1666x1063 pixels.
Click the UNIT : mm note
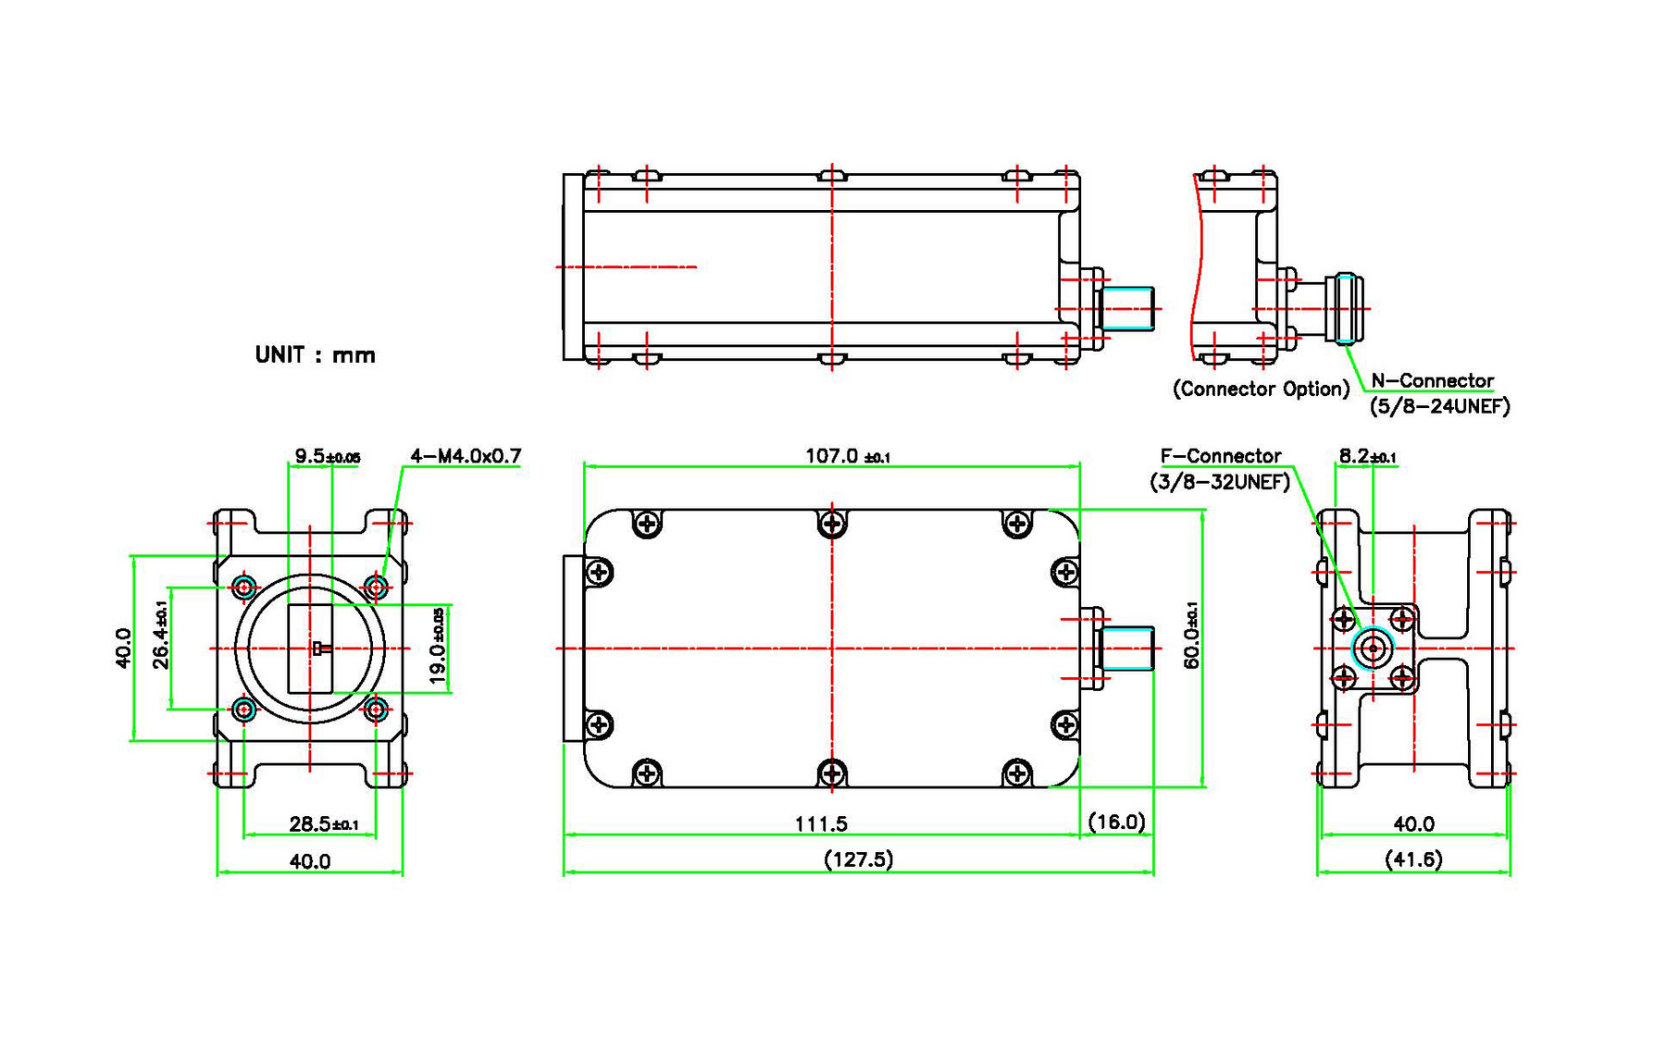(x=315, y=355)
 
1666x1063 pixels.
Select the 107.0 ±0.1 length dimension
(x=847, y=456)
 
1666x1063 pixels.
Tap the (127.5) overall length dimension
(x=858, y=859)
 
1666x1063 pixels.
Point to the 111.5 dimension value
(x=821, y=823)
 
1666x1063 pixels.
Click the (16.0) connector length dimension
(x=1116, y=822)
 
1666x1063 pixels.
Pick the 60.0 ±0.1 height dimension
(x=1191, y=635)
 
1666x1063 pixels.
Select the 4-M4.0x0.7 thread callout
(x=466, y=456)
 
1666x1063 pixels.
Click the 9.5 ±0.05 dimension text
(x=327, y=456)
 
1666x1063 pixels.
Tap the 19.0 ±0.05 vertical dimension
(x=438, y=646)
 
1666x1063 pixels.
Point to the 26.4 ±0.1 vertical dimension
(x=161, y=634)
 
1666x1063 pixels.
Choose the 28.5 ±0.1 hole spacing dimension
(x=324, y=823)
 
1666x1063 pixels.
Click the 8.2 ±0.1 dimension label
(x=1367, y=456)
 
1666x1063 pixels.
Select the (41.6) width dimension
(x=1413, y=859)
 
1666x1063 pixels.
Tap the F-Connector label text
(x=1220, y=456)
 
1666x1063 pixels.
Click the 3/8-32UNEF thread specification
(x=1220, y=482)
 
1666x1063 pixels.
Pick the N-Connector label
(x=1432, y=380)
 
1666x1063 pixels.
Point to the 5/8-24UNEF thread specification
(x=1439, y=406)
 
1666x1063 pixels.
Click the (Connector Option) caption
(x=1261, y=389)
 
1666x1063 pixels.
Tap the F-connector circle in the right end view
(x=1373, y=649)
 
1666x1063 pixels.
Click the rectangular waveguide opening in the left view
(x=310, y=649)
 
